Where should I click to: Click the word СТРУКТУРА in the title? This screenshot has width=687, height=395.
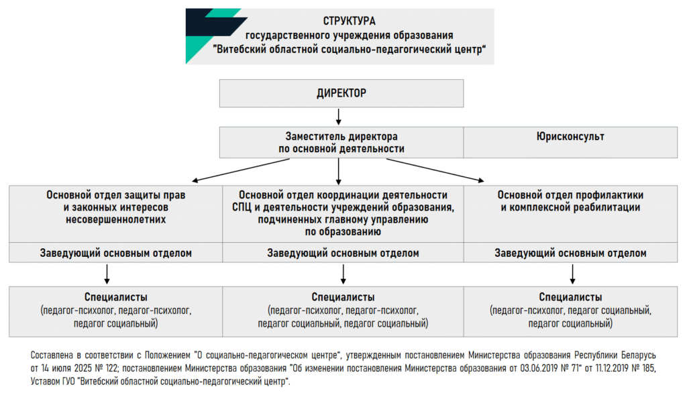(349, 21)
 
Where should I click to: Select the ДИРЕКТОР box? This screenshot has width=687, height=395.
(341, 93)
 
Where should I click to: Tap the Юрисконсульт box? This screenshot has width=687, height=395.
(570, 142)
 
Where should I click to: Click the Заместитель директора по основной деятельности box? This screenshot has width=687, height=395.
(341, 142)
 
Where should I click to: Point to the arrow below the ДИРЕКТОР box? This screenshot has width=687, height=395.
(338, 117)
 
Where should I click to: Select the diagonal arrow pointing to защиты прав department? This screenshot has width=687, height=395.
(241, 170)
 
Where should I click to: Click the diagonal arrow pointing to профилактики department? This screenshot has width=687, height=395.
(435, 170)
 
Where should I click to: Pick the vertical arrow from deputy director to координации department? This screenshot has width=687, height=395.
(338, 171)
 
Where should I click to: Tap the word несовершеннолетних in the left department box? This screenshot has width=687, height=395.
(115, 219)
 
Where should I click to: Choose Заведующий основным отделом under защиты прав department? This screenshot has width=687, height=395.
(115, 253)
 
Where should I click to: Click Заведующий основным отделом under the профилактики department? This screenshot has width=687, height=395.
(570, 253)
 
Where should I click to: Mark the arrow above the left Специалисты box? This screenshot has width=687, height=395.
(107, 274)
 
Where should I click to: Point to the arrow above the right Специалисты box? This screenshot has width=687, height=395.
(572, 274)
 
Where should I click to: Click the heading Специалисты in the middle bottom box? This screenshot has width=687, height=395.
(343, 297)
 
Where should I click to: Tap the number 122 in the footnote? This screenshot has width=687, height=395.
(111, 368)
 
